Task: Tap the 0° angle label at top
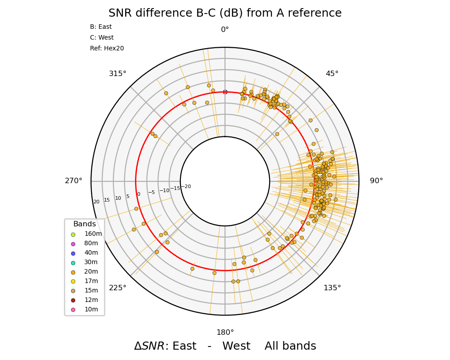(x=225, y=30)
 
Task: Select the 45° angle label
(x=332, y=74)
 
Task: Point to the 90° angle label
(x=376, y=181)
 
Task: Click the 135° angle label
(x=332, y=288)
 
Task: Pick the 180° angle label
(x=225, y=333)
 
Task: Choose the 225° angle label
(x=117, y=288)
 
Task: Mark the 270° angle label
(x=74, y=181)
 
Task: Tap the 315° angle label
(x=117, y=74)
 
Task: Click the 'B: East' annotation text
(x=101, y=27)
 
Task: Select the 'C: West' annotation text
(x=102, y=38)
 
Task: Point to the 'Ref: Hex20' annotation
(x=107, y=49)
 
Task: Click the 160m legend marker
(x=73, y=234)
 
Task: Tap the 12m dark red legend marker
(x=73, y=300)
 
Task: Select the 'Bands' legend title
(x=85, y=224)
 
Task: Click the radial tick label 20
(x=96, y=202)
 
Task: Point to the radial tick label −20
(x=186, y=187)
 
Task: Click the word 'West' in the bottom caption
(x=236, y=346)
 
